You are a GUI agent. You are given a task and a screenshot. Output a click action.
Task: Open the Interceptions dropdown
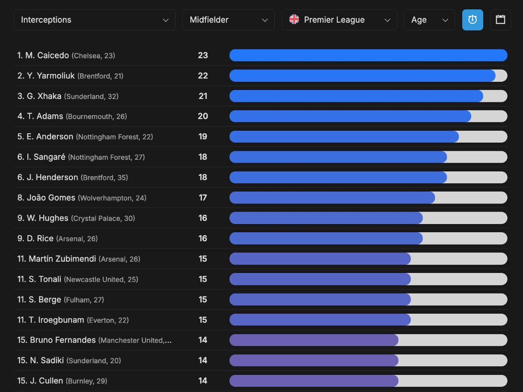pos(94,20)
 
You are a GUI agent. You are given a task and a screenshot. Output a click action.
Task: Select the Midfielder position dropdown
pos(228,20)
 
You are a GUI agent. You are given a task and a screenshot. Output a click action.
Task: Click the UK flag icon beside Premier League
pos(294,20)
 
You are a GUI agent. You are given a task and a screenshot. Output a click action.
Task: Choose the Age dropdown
pos(429,20)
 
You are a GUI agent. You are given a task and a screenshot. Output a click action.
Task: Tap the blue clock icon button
pos(472,20)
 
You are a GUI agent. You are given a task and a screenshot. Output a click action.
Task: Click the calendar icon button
pos(500,20)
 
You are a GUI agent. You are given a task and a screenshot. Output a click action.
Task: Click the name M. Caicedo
pos(47,55)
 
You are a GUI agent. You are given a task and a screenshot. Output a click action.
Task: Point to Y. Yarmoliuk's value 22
pos(203,76)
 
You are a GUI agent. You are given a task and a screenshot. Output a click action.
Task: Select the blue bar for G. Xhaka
pos(356,96)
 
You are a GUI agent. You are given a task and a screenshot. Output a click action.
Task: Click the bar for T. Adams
pos(350,116)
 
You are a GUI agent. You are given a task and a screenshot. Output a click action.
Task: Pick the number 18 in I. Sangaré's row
pos(203,157)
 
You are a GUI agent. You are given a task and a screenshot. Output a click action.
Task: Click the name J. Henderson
pos(52,177)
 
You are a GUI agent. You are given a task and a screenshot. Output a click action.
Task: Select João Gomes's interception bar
pos(332,197)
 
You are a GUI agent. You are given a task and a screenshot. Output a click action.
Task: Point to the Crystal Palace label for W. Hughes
pos(97,218)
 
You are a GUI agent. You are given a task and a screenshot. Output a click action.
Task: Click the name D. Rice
pos(40,238)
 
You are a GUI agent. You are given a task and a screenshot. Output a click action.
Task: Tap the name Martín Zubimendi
pos(62,259)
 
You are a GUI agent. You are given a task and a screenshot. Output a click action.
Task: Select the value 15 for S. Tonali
pos(203,279)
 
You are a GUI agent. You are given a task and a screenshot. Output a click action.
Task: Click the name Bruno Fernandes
pos(62,340)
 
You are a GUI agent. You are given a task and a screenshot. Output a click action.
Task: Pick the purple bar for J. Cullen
pos(314,381)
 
